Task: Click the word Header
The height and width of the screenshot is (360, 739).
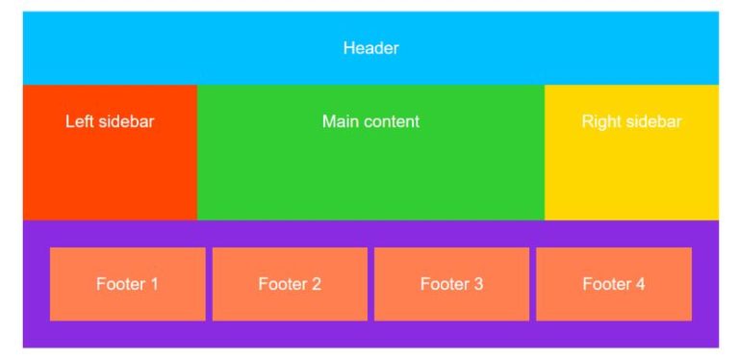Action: [370, 47]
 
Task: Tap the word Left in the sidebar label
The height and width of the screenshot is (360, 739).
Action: [80, 122]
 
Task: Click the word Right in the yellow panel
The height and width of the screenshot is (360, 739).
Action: [601, 122]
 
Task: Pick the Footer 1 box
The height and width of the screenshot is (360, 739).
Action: [127, 284]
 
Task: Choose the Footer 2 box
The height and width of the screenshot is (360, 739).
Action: [290, 284]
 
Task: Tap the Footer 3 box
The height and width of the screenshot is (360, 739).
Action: [451, 284]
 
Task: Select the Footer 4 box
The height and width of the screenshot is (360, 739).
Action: [613, 284]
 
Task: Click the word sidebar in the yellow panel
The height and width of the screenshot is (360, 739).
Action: [653, 122]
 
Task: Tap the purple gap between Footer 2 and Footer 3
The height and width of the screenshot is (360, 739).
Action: [370, 284]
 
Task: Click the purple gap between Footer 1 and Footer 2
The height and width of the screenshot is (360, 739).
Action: [209, 284]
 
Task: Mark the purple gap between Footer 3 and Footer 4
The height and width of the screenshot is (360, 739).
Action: [532, 284]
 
